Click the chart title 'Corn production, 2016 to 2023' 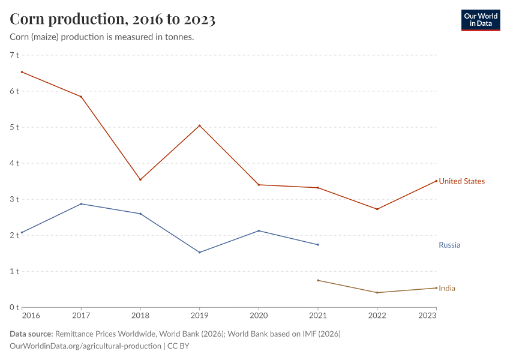coord(113,19)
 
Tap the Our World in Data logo coord(481,20)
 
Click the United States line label coord(461,181)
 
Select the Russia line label coord(449,245)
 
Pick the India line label coord(447,288)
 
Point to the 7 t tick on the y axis coord(14,55)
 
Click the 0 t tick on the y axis coord(14,307)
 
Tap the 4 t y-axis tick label coord(14,163)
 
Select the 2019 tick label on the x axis coord(200,316)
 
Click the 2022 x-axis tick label coord(377,316)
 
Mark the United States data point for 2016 coord(22,72)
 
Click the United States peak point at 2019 coord(200,125)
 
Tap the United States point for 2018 coord(140,179)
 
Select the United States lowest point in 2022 coord(377,209)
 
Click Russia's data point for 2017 coord(81,204)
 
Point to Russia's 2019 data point coord(200,252)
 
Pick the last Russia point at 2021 coord(318,245)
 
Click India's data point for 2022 coord(377,292)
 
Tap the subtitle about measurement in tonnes coord(101,37)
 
